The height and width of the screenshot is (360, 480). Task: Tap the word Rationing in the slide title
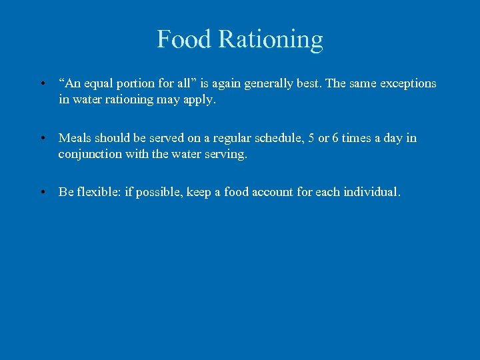click(x=270, y=41)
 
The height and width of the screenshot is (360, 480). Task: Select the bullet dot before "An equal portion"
click(x=42, y=84)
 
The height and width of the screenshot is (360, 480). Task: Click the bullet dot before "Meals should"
click(x=42, y=139)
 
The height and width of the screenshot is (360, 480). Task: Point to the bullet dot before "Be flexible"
click(x=42, y=193)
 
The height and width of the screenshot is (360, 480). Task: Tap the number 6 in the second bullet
click(x=335, y=138)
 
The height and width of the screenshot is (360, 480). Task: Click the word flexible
click(x=99, y=192)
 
